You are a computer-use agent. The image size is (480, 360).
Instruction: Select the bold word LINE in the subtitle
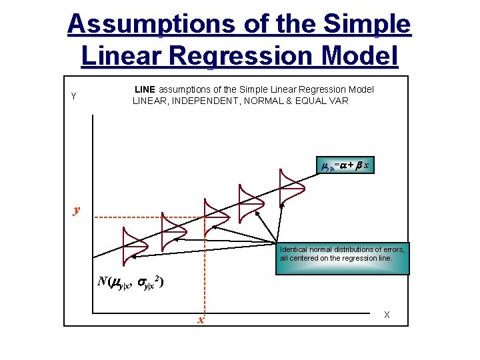145,89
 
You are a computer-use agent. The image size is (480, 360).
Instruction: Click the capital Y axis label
73,96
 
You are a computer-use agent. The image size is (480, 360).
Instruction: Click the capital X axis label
387,315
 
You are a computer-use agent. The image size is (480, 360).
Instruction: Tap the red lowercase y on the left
77,210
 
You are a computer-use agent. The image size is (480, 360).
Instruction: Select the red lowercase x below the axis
200,321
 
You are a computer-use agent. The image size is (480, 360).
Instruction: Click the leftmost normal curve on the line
130,245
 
